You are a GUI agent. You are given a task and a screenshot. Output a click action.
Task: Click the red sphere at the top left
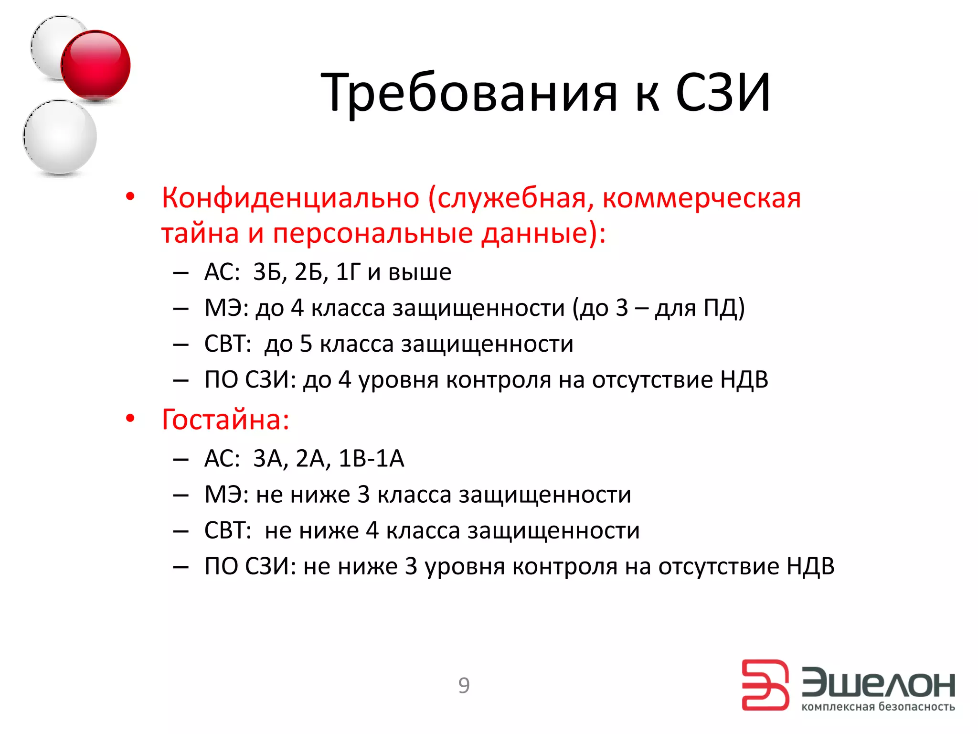tap(96, 65)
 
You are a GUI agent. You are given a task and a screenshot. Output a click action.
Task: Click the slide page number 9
tap(464, 685)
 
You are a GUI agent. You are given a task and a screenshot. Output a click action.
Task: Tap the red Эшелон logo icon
tap(765, 685)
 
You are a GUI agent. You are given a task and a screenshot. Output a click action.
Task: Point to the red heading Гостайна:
tap(225, 420)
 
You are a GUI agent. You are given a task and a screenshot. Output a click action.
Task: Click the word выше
tap(420, 272)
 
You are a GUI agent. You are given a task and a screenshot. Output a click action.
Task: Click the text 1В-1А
tap(371, 458)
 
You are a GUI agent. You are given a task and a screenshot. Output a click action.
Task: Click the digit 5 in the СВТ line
tap(306, 344)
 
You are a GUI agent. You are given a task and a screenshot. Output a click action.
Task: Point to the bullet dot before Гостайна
tap(130, 419)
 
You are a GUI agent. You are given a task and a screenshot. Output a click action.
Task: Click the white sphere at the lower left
tap(60, 137)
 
